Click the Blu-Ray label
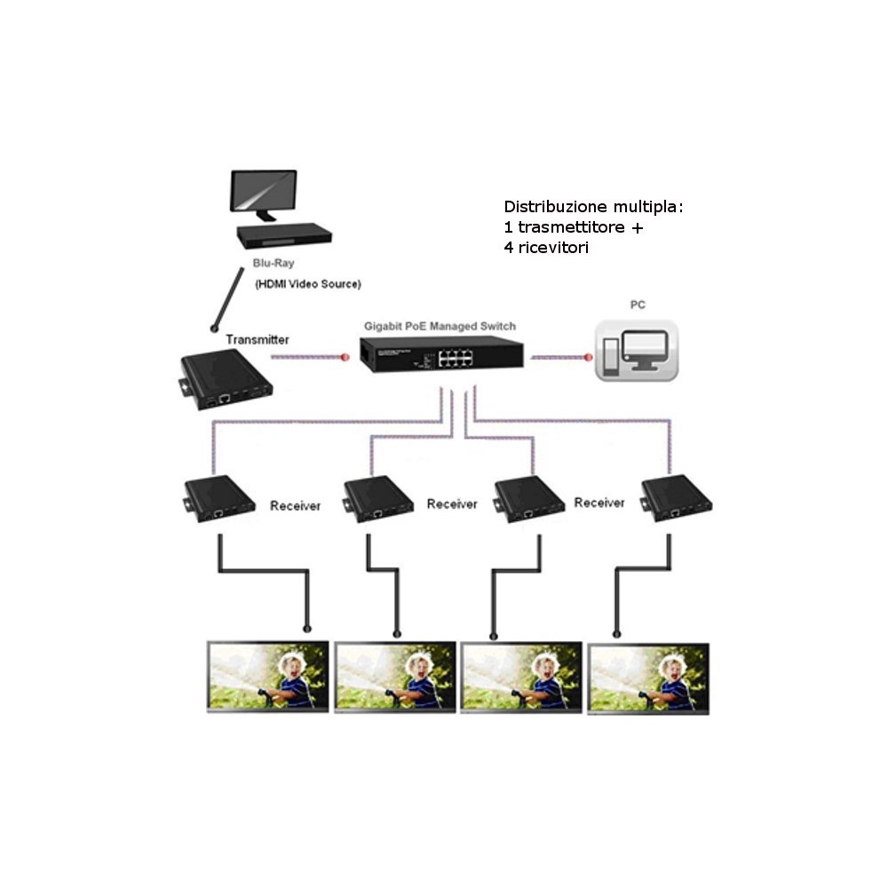tap(274, 264)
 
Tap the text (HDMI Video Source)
tap(307, 284)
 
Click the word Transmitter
tap(258, 339)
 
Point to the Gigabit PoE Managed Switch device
tap(441, 355)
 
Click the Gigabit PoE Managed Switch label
tap(440, 326)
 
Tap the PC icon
tap(637, 352)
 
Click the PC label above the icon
tap(638, 305)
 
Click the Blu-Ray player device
tap(284, 234)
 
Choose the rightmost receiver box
tap(679, 496)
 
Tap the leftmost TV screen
tap(268, 676)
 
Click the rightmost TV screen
tap(648, 676)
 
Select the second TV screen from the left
tap(396, 676)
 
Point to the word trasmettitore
tap(573, 227)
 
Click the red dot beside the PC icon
tap(587, 358)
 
